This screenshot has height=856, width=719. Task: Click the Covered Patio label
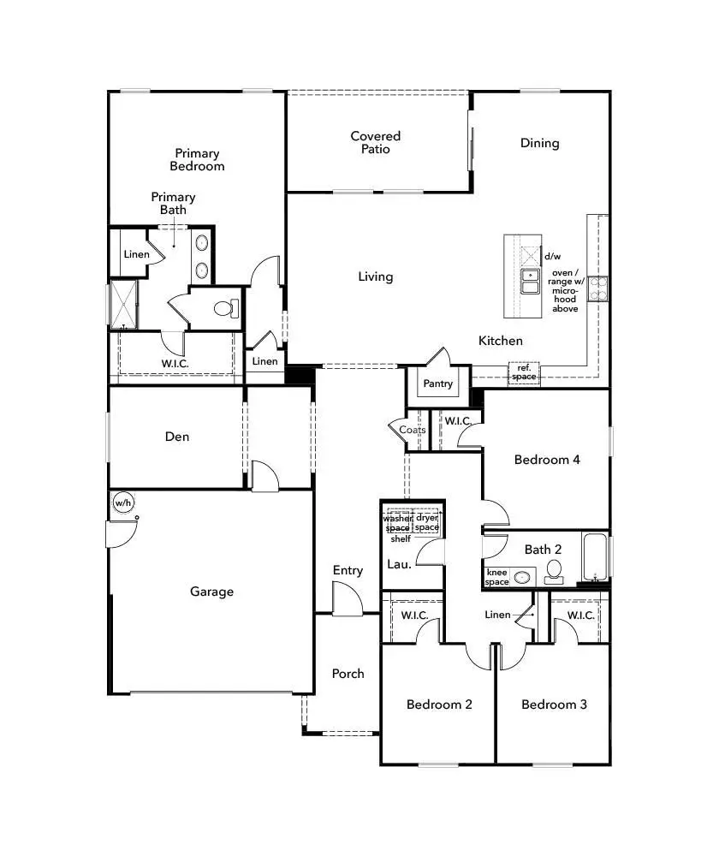[x=375, y=142]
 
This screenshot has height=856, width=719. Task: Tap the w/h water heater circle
[x=122, y=502]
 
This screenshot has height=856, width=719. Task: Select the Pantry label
[x=438, y=384]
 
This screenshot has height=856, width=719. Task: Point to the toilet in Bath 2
[x=553, y=569]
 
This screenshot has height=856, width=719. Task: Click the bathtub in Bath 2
[x=596, y=557]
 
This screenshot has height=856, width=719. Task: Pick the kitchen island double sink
[x=531, y=281]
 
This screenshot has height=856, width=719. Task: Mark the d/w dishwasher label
[x=552, y=256]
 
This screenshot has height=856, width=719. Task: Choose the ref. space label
[x=524, y=373]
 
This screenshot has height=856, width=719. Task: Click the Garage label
[x=211, y=591]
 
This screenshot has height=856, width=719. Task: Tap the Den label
[x=177, y=437]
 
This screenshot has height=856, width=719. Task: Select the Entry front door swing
[x=347, y=598]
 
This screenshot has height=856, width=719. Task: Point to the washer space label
[x=397, y=523]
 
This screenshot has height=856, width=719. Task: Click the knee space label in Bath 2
[x=497, y=577]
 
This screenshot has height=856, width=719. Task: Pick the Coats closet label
[x=412, y=430]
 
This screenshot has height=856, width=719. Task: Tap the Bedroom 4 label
[x=547, y=460]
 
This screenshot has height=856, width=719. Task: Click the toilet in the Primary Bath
[x=226, y=309]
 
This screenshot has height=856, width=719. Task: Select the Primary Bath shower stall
[x=124, y=304]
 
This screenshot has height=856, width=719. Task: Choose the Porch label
[x=348, y=674]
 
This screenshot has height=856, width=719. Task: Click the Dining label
[x=539, y=143]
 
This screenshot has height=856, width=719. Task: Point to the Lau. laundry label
[x=399, y=564]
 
